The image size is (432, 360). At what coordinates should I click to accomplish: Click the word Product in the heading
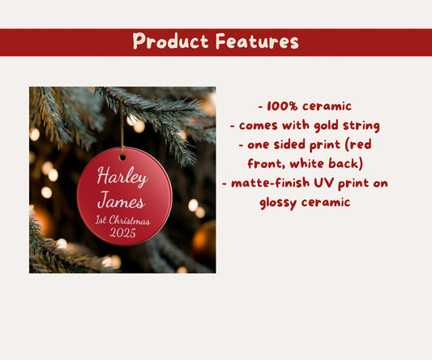[x=167, y=41]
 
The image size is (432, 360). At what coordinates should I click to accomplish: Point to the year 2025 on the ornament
[x=122, y=233]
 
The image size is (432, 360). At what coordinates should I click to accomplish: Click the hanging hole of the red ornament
[x=123, y=156]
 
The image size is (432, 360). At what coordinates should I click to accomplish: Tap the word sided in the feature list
[x=289, y=144]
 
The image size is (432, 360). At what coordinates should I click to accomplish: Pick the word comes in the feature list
[x=258, y=125]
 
